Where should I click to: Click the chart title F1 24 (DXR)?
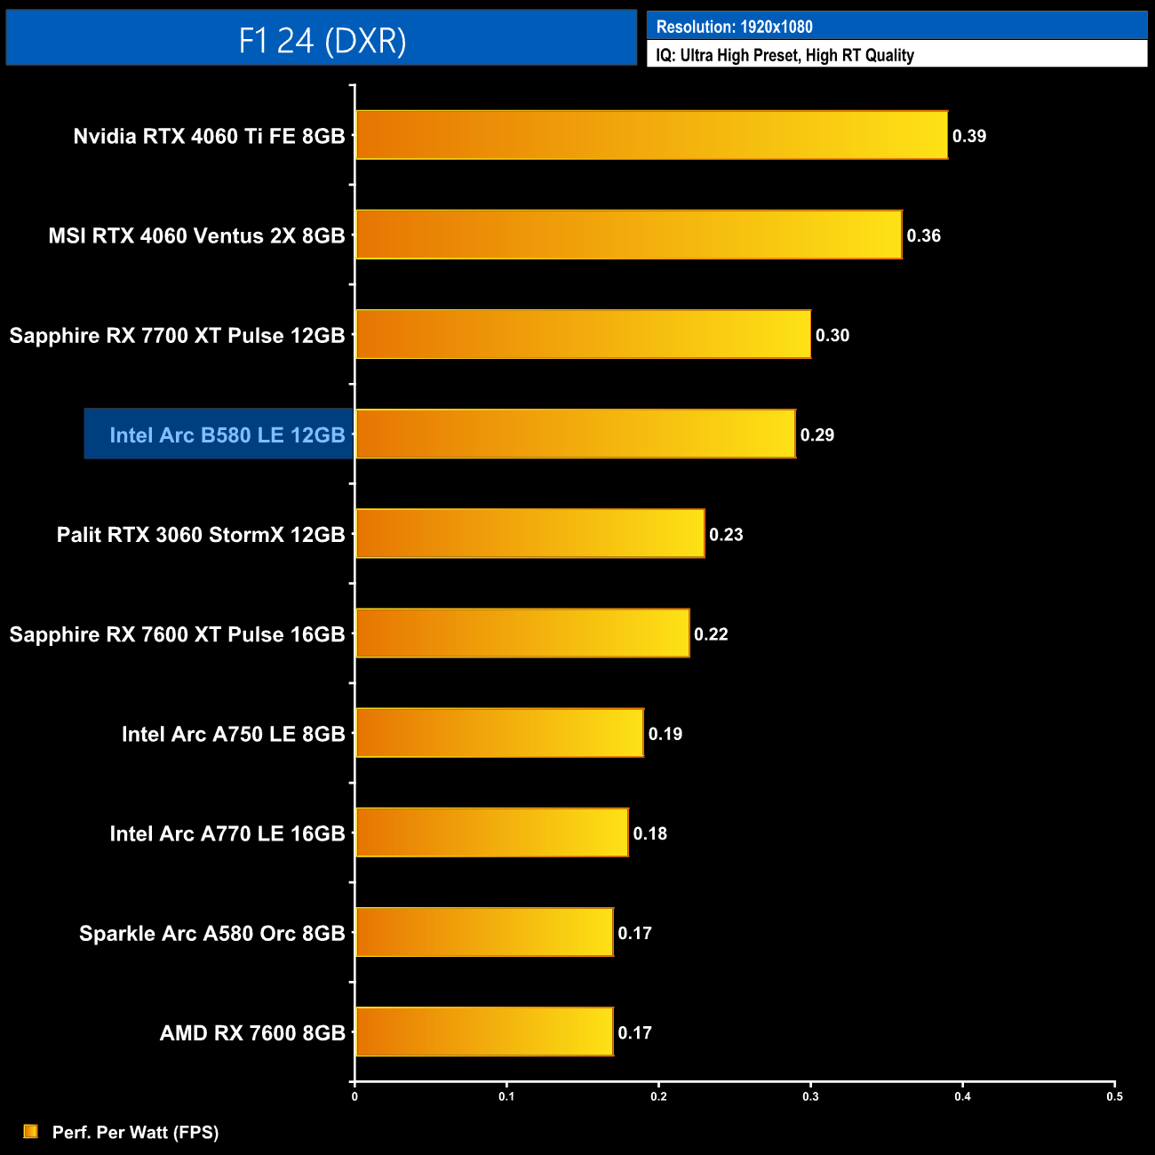(x=322, y=40)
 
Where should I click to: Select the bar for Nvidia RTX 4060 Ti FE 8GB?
(x=651, y=135)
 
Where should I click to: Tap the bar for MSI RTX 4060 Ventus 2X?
(x=628, y=235)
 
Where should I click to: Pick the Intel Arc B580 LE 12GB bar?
(x=575, y=434)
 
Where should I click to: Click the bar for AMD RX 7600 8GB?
(x=484, y=1032)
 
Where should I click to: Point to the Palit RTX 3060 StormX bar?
(x=530, y=534)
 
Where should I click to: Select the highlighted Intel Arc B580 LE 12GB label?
(x=227, y=435)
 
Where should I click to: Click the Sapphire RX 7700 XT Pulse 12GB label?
(x=177, y=336)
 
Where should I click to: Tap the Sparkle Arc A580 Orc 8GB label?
(x=211, y=934)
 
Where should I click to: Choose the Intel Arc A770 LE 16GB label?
(x=227, y=834)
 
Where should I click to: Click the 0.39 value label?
(x=969, y=136)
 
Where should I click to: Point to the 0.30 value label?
(x=832, y=336)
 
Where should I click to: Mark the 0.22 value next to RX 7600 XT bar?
(x=711, y=634)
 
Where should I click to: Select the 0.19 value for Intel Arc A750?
(x=665, y=734)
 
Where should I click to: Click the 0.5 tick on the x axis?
(x=1114, y=1096)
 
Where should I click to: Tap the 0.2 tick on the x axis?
(x=658, y=1096)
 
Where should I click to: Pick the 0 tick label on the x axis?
(x=354, y=1096)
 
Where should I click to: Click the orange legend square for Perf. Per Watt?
(x=31, y=1132)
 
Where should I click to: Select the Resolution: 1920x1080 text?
(x=734, y=27)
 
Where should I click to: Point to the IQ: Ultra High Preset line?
(x=785, y=55)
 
